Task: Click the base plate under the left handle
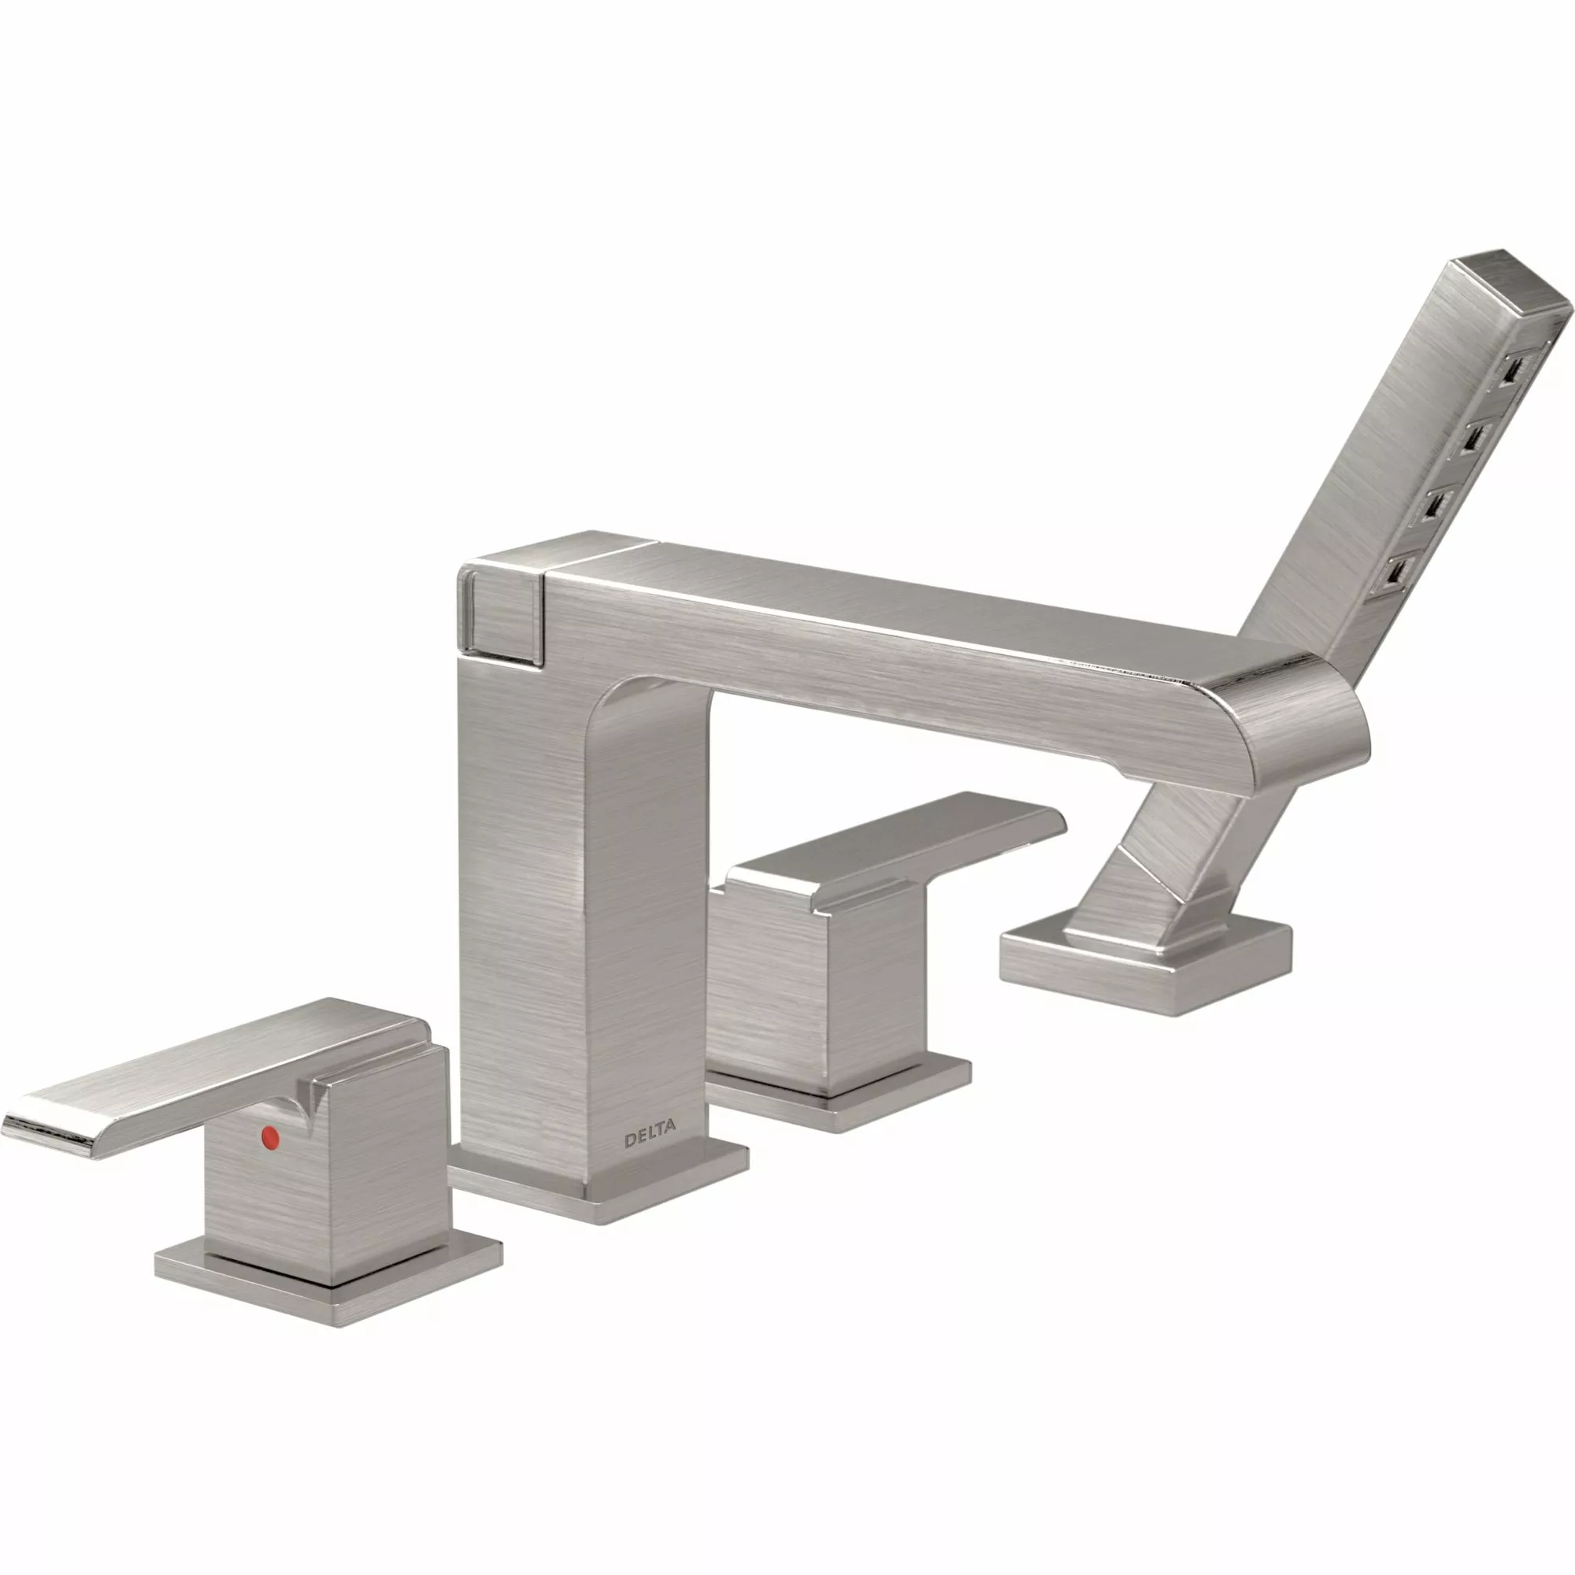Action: [326, 1296]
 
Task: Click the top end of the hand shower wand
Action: [1508, 285]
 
